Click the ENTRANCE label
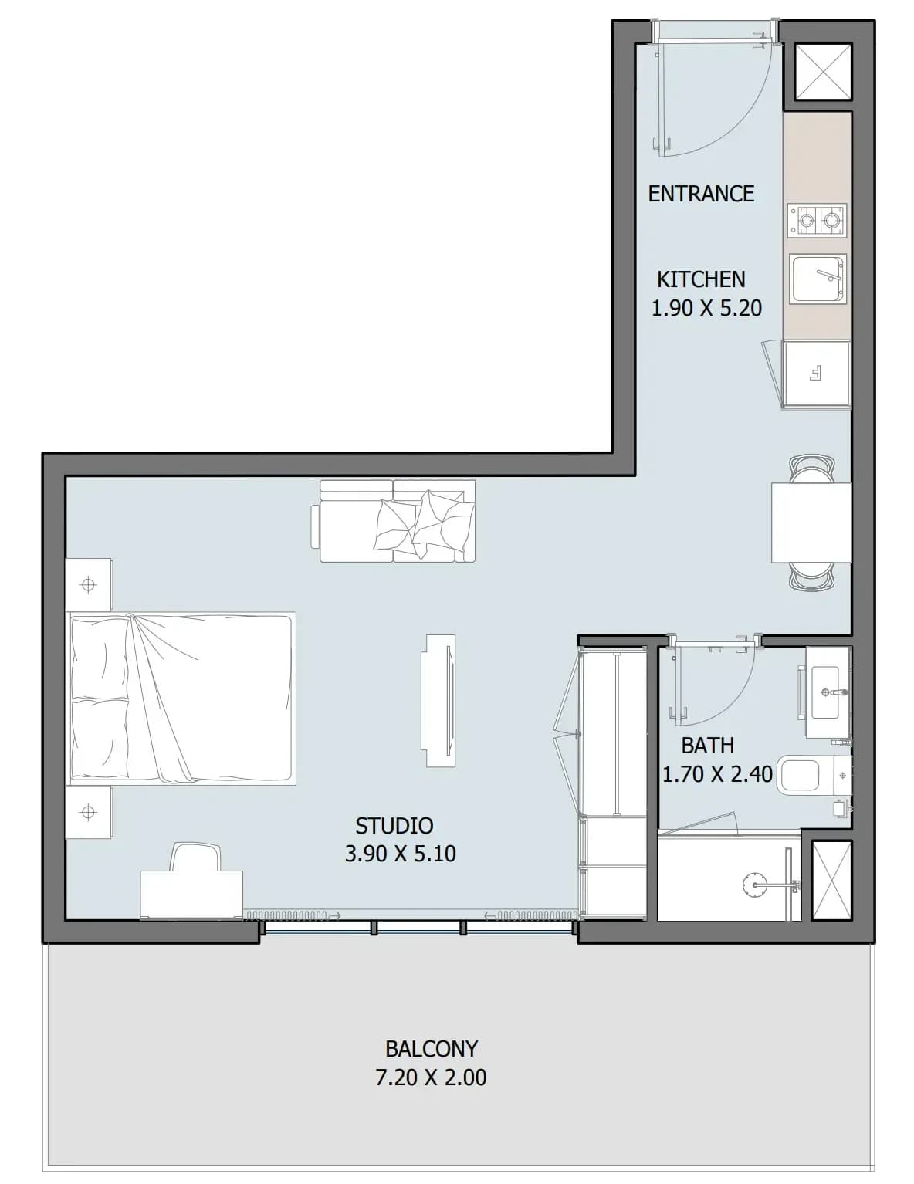[x=701, y=194]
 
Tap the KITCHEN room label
[x=701, y=279]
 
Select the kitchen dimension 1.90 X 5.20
[x=706, y=308]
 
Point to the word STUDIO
[x=394, y=826]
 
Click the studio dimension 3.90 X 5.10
[x=401, y=854]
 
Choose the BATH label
[x=708, y=746]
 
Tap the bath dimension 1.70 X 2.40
[x=717, y=773]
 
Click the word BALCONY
[x=432, y=1049]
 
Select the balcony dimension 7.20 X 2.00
[x=431, y=1077]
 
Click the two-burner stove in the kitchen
[x=817, y=221]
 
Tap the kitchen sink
[x=817, y=279]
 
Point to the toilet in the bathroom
[x=815, y=775]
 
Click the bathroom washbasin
[x=828, y=692]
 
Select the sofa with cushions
[x=393, y=520]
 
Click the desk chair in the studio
[x=196, y=857]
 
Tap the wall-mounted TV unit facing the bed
[x=438, y=701]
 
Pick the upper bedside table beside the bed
[x=88, y=584]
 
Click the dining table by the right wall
[x=811, y=523]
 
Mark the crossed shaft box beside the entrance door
[x=823, y=71]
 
